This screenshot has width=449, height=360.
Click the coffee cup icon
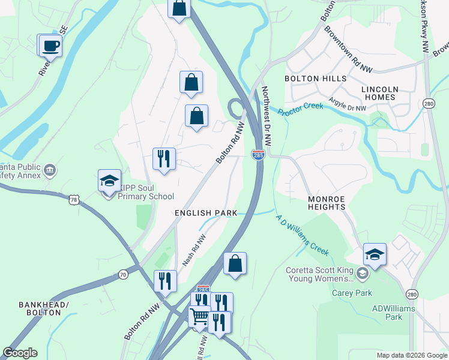pos(51,46)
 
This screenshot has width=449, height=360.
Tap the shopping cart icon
pos(199,316)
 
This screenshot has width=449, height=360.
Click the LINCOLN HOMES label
pos(379,93)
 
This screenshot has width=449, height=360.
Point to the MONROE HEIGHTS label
pos(327,203)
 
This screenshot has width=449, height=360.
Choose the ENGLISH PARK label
pos(206,213)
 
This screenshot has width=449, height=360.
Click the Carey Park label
pos(352,293)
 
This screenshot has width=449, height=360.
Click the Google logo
pos(20,353)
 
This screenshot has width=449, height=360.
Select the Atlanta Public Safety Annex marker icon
pos(50,170)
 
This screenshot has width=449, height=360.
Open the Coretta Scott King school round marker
pos(361,274)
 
